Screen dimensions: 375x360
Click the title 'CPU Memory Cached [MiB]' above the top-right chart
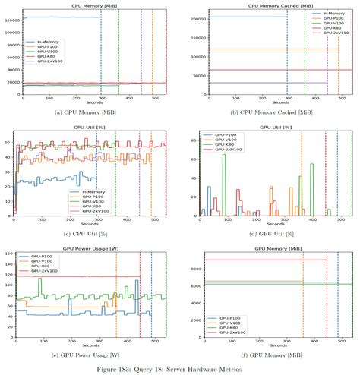268,5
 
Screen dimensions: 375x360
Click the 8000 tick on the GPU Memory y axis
194,269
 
